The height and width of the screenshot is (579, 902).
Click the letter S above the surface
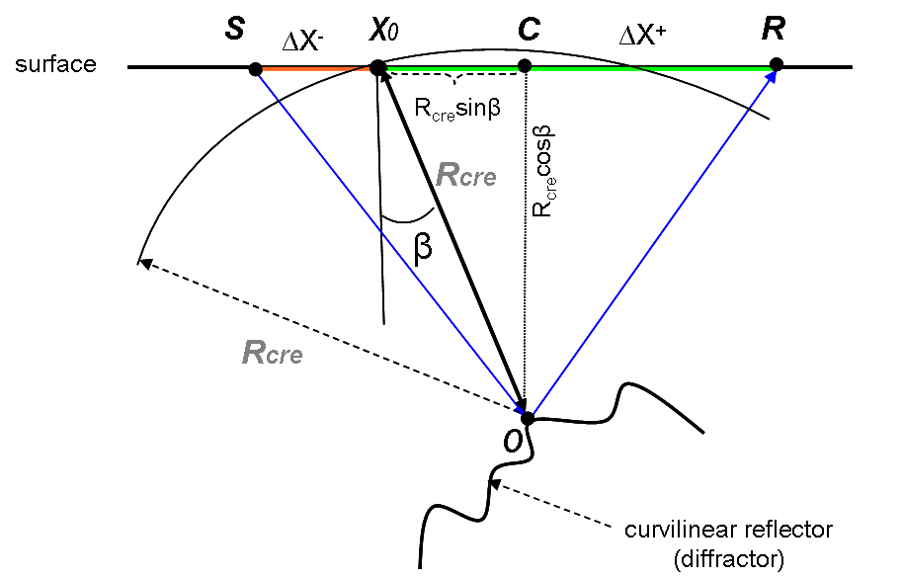click(234, 28)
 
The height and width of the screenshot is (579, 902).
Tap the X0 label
click(385, 30)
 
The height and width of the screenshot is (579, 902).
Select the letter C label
click(529, 29)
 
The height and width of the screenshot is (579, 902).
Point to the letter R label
click(774, 28)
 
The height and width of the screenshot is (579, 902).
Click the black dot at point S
click(255, 69)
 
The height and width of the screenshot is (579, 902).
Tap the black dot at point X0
click(377, 67)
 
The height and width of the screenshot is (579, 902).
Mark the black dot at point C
click(525, 67)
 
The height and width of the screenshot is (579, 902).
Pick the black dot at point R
click(777, 65)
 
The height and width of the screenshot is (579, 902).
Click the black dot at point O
click(528, 418)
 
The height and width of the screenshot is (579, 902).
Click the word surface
click(55, 65)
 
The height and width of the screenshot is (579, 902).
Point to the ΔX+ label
click(642, 36)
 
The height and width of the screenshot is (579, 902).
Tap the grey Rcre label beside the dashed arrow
click(272, 352)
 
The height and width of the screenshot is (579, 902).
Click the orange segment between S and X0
click(311, 68)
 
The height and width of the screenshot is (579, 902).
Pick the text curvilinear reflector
click(728, 530)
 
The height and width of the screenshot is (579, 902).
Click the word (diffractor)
click(728, 558)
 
